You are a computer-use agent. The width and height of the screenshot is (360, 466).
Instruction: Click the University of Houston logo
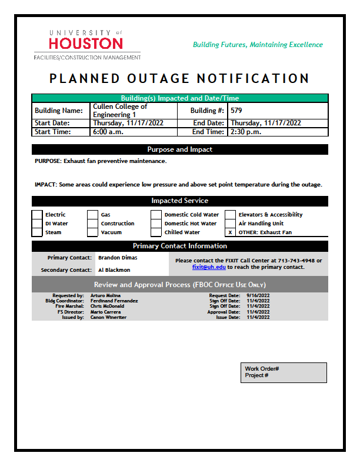click(86, 44)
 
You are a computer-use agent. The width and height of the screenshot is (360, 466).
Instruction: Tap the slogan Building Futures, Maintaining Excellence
click(258, 45)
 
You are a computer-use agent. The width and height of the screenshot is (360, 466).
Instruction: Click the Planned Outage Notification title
click(179, 79)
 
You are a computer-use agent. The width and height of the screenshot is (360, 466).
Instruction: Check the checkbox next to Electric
click(37, 215)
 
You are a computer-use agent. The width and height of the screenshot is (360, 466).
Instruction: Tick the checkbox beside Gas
click(92, 215)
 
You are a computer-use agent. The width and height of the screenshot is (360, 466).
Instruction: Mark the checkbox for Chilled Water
click(156, 232)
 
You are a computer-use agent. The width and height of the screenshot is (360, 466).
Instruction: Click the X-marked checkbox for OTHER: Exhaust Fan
click(230, 232)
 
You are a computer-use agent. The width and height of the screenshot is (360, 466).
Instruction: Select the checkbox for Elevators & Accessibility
click(230, 215)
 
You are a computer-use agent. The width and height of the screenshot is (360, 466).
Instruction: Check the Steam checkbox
click(37, 232)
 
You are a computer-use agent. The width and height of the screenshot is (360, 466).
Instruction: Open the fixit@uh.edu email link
click(209, 267)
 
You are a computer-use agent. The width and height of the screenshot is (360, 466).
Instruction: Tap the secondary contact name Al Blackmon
click(114, 270)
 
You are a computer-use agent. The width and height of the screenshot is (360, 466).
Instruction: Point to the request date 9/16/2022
click(258, 295)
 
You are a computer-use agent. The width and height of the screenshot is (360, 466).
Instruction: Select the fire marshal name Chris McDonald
click(107, 306)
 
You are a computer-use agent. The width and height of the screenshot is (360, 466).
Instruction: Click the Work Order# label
click(262, 369)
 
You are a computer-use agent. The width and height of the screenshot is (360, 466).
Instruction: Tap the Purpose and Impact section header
click(179, 149)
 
